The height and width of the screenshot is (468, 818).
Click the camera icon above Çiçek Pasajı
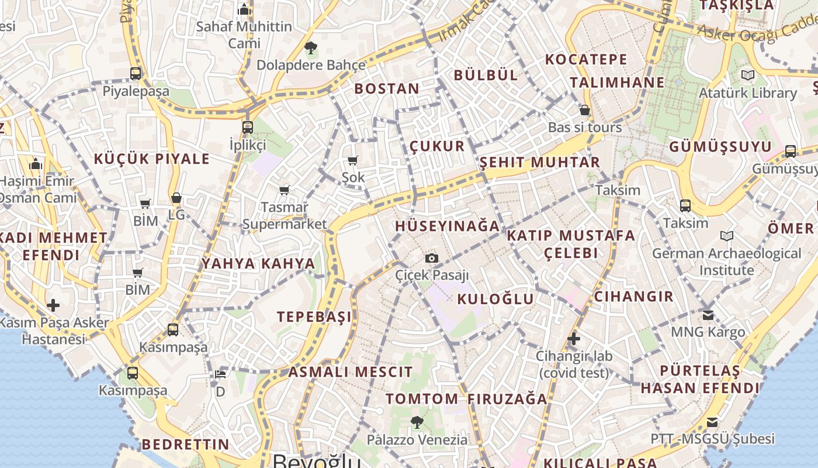pyautogui.click(x=432, y=258)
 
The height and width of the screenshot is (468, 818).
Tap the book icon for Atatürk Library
pyautogui.click(x=748, y=75)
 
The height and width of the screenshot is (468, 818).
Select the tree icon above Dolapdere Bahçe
pyautogui.click(x=310, y=47)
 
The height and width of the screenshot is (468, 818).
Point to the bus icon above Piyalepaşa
pyautogui.click(x=136, y=73)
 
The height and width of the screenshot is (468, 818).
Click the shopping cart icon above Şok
pyautogui.click(x=352, y=160)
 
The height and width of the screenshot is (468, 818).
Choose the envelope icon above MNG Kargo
pyautogui.click(x=708, y=315)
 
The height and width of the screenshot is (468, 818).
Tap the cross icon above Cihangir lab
pyautogui.click(x=574, y=338)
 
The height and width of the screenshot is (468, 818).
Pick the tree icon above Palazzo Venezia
pyautogui.click(x=417, y=422)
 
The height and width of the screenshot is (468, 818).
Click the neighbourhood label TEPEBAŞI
pyautogui.click(x=314, y=316)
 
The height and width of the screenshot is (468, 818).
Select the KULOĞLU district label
pyautogui.click(x=495, y=299)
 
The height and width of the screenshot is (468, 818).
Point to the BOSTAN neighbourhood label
pyautogui.click(x=387, y=89)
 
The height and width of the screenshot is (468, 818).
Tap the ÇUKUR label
pyautogui.click(x=437, y=146)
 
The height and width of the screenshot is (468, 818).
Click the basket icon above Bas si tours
pyautogui.click(x=584, y=110)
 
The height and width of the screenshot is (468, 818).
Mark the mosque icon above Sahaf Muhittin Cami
pyautogui.click(x=244, y=9)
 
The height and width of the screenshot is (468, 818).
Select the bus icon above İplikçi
pyautogui.click(x=248, y=127)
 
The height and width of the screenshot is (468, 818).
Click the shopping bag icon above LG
pyautogui.click(x=176, y=198)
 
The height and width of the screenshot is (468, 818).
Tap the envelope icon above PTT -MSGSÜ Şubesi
pyautogui.click(x=712, y=422)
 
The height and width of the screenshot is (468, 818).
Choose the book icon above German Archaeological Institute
pyautogui.click(x=727, y=236)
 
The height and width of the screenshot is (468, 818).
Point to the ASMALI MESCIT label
pyautogui.click(x=351, y=371)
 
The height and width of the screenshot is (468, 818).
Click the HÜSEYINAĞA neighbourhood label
pyautogui.click(x=448, y=226)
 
